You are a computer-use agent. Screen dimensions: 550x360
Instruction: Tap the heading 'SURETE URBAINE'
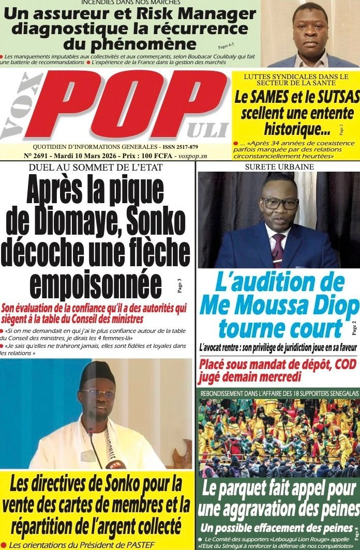coord(279,167)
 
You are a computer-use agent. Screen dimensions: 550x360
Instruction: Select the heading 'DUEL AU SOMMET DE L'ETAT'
coord(96,167)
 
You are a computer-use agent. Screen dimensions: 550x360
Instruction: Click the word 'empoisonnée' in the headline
coord(96,283)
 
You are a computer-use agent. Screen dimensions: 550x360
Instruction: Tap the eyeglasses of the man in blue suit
coord(279,203)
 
